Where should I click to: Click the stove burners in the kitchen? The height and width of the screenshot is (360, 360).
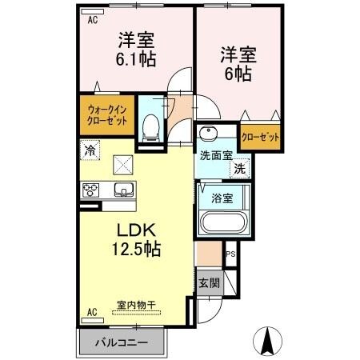click(x=91, y=190)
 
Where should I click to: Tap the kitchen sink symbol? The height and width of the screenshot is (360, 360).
click(x=125, y=190)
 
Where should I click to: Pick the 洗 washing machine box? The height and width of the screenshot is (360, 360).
click(x=238, y=170)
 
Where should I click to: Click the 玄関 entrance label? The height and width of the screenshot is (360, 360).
click(x=208, y=283)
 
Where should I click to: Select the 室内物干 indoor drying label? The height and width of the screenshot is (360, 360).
click(x=134, y=305)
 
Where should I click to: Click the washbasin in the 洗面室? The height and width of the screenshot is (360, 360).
click(x=210, y=134)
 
